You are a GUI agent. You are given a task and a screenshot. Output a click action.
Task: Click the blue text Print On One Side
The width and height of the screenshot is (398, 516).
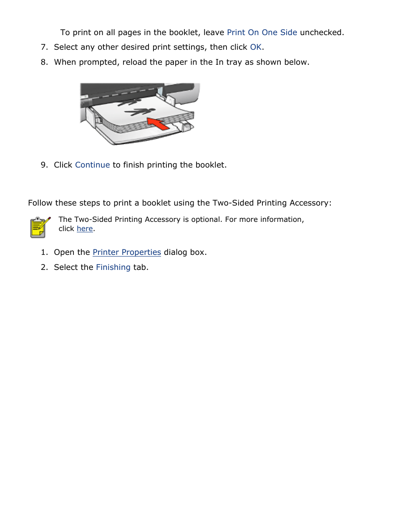tap(262, 33)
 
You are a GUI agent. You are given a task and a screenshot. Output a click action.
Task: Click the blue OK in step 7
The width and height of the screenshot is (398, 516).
tap(255, 47)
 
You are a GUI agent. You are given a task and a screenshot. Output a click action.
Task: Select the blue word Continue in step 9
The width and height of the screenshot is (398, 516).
tap(92, 165)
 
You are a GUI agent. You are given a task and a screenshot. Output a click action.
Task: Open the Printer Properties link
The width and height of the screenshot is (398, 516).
tap(126, 252)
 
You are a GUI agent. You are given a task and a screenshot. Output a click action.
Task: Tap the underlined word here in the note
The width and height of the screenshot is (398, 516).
tap(85, 229)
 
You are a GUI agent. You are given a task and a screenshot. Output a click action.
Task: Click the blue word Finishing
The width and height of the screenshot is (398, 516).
tap(113, 267)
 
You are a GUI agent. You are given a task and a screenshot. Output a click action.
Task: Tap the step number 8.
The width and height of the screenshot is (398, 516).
tap(44, 62)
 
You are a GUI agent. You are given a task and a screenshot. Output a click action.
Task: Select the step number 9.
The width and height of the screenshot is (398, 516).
tap(44, 165)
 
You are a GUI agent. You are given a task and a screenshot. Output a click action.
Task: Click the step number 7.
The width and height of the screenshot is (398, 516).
tap(44, 47)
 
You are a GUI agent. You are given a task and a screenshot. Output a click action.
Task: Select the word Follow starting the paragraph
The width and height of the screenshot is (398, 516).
tap(40, 203)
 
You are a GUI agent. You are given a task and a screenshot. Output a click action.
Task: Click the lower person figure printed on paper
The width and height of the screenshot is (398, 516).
tap(140, 112)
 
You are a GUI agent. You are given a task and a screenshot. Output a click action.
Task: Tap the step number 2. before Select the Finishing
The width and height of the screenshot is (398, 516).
tap(44, 267)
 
